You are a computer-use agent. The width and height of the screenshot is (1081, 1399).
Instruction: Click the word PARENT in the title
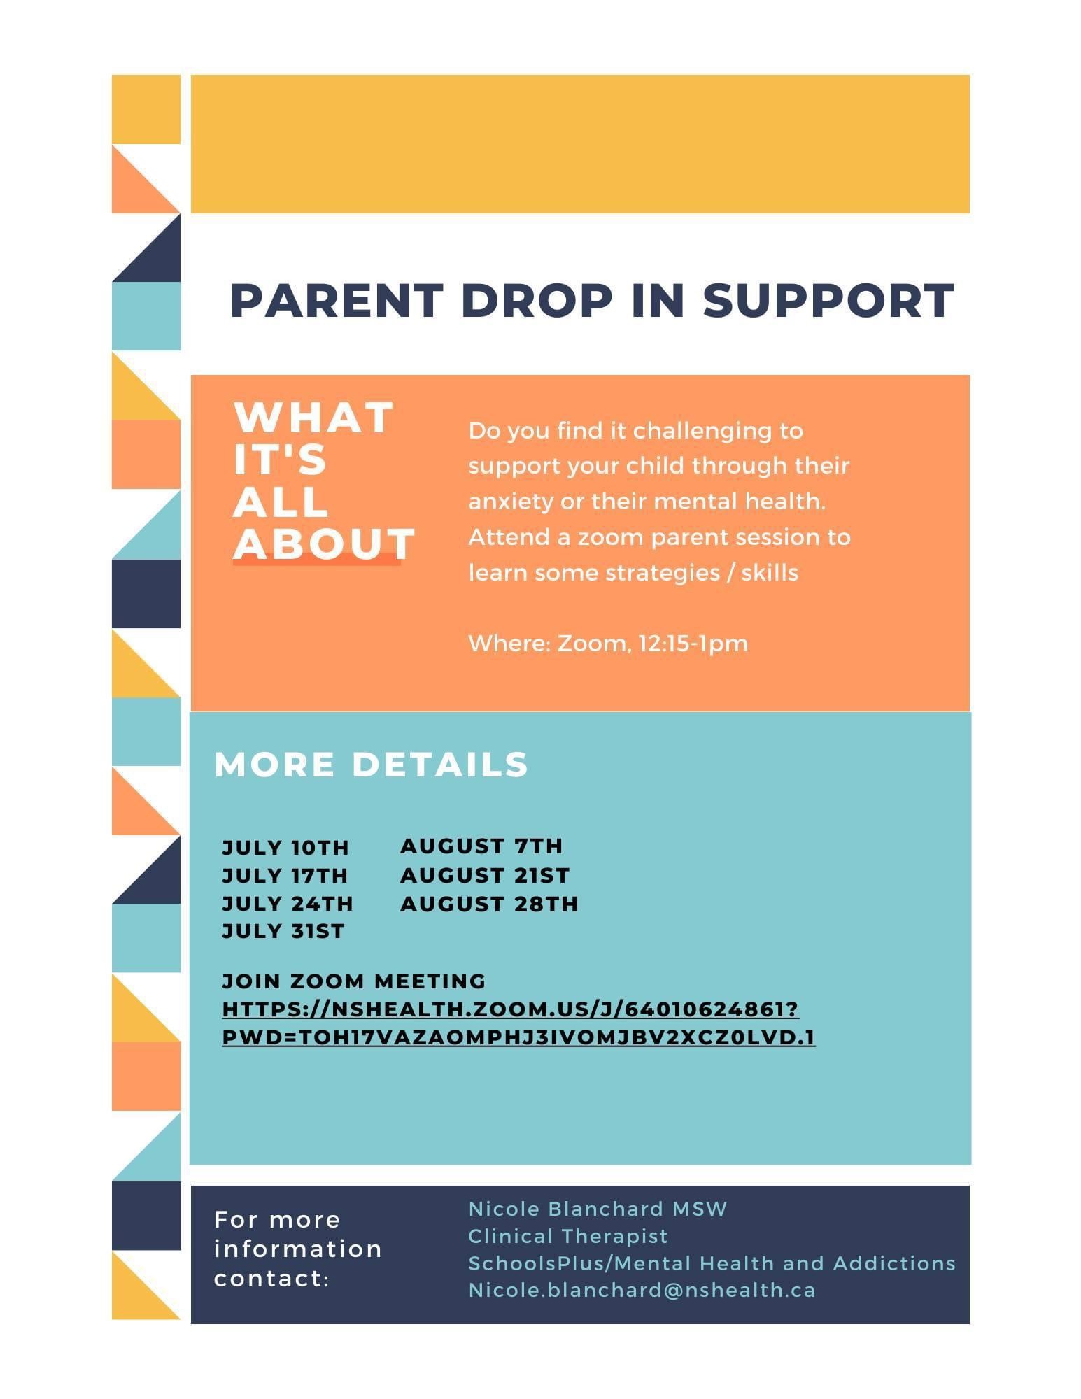(337, 301)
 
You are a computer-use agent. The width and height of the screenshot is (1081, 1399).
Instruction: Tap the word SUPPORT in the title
(828, 301)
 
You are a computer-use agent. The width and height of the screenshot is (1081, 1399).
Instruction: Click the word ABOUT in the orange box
(324, 544)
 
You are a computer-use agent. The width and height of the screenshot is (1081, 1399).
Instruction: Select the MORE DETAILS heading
(371, 764)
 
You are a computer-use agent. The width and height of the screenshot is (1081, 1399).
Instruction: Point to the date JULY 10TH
(285, 848)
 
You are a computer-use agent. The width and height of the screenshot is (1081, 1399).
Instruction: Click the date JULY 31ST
(283, 932)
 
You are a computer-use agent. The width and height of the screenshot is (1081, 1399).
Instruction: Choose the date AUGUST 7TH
(481, 846)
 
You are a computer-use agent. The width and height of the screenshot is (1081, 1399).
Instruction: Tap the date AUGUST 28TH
(490, 904)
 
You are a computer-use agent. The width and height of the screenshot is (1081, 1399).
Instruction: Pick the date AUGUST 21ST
(485, 875)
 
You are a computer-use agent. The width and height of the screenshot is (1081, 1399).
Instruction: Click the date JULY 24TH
(288, 904)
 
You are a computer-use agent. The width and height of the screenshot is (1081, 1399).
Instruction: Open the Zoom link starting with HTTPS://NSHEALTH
(518, 1023)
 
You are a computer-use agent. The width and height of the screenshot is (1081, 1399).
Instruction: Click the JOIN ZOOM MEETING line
(354, 981)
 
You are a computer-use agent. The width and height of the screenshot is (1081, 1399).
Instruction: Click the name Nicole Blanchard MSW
(598, 1209)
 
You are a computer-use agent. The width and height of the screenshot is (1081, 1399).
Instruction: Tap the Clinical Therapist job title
(568, 1236)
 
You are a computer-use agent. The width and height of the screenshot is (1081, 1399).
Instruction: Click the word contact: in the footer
(272, 1279)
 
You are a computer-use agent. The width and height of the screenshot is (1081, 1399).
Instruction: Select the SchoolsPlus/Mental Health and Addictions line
(712, 1263)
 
